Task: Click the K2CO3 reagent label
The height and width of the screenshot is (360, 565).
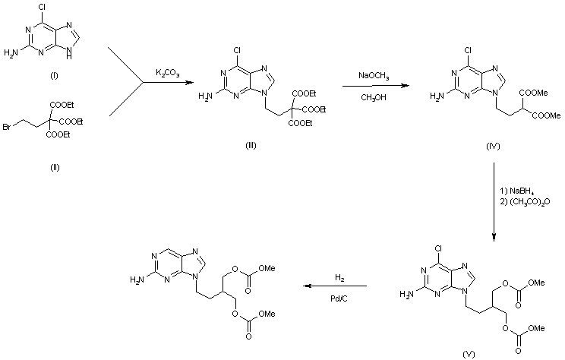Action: pos(169,72)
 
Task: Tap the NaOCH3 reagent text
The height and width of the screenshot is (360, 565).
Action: pos(374,75)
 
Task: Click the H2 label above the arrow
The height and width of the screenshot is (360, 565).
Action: pos(339,277)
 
